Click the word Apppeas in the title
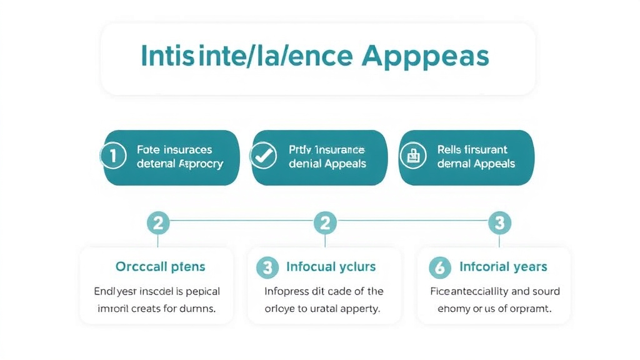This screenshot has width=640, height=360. click(x=425, y=56)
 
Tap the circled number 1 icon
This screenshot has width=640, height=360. click(x=113, y=157)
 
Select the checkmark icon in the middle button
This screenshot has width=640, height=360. click(x=262, y=157)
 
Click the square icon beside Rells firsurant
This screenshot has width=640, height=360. click(x=412, y=157)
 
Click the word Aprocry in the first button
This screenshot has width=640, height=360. click(x=201, y=164)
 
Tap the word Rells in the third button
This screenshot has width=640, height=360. click(x=451, y=150)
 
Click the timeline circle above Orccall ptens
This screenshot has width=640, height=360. click(x=158, y=221)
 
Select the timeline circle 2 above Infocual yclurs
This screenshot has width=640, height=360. click(x=325, y=221)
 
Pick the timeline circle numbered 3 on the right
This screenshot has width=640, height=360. click(x=499, y=221)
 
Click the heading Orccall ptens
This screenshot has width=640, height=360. click(x=160, y=267)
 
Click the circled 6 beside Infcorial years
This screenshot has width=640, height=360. click(x=439, y=267)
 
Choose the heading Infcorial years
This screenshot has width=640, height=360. click(x=503, y=267)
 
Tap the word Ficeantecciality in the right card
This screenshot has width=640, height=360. click(x=469, y=291)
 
